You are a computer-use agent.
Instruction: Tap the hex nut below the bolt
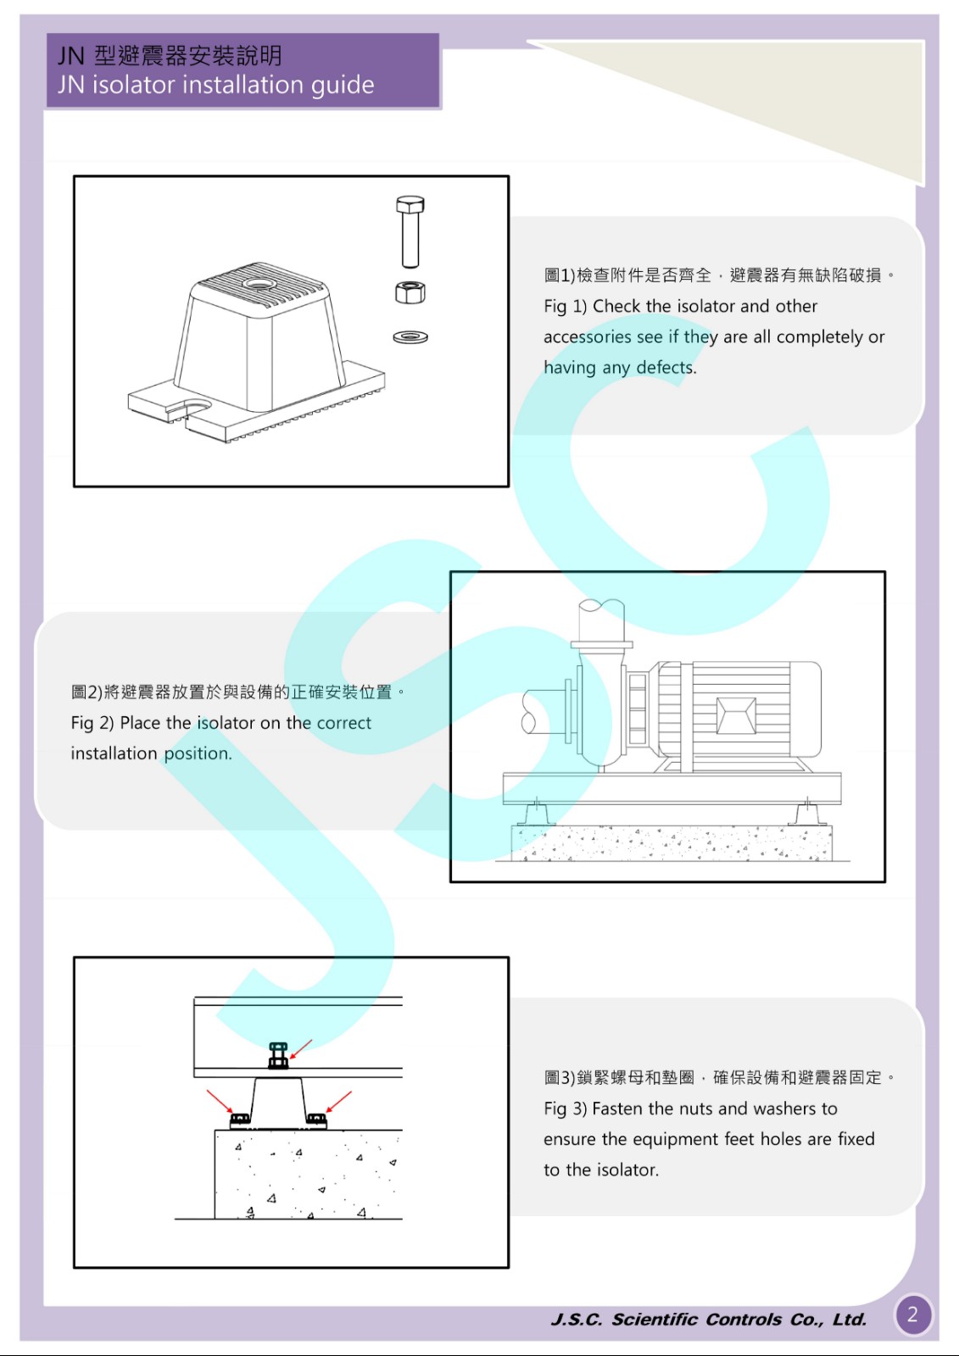point(410,292)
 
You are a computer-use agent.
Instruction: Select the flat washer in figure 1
point(410,336)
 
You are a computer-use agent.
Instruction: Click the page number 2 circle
point(913,1314)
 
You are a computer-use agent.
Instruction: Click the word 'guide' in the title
point(343,86)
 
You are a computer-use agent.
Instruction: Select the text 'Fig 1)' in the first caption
point(565,306)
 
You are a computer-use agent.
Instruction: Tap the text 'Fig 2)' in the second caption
point(92,723)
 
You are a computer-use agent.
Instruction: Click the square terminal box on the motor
point(735,715)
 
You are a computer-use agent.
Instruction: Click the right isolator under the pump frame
point(808,814)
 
